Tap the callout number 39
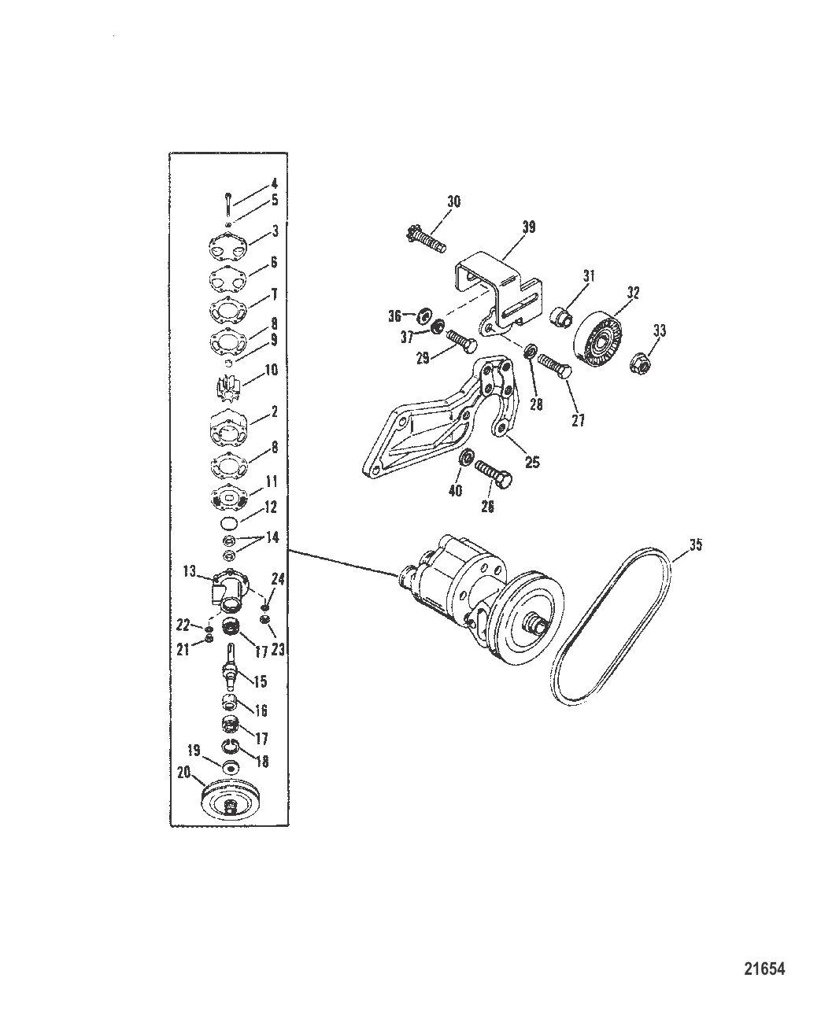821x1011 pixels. [x=528, y=227]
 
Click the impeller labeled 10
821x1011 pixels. [x=227, y=387]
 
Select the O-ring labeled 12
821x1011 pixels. [x=227, y=524]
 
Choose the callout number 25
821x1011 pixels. [x=532, y=463]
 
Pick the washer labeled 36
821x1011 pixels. [x=421, y=316]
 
